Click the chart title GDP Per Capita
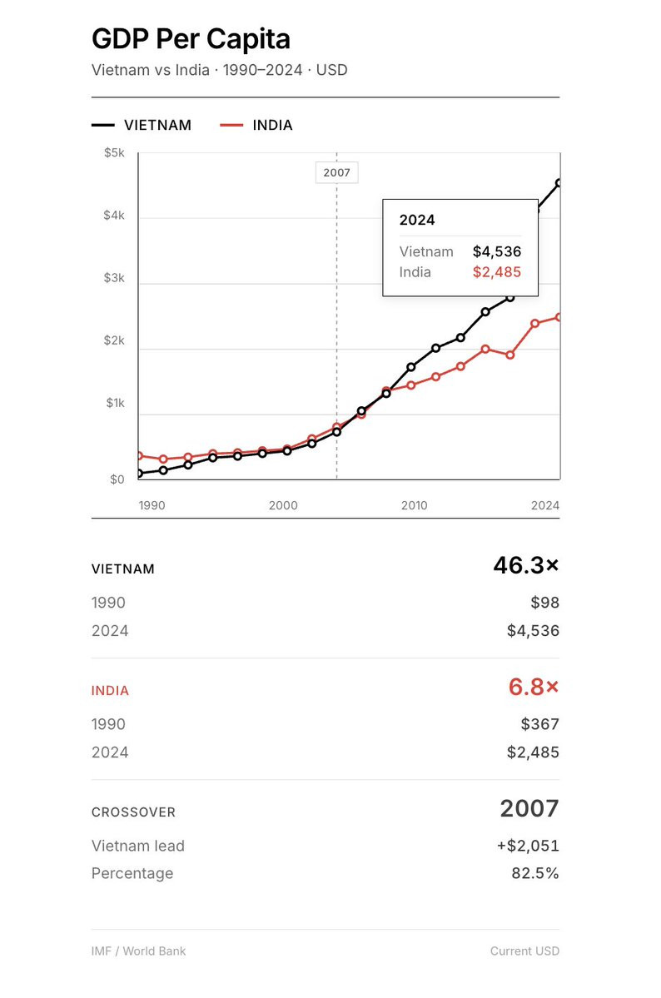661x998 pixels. pyautogui.click(x=191, y=39)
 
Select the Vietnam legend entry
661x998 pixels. pyautogui.click(x=157, y=125)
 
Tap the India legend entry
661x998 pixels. pyautogui.click(x=272, y=125)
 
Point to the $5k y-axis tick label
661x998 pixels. pyautogui.click(x=114, y=153)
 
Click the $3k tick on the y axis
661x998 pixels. pyautogui.click(x=114, y=277)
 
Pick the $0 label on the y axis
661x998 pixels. pyautogui.click(x=117, y=479)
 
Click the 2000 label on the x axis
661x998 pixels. pyautogui.click(x=283, y=505)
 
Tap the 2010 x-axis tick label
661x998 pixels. pyautogui.click(x=414, y=505)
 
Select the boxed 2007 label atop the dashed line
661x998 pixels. pyautogui.click(x=337, y=173)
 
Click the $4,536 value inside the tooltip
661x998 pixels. pyautogui.click(x=497, y=251)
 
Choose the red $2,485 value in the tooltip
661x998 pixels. pyautogui.click(x=497, y=272)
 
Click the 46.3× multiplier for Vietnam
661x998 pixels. pyautogui.click(x=526, y=566)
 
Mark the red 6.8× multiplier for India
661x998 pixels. pyautogui.click(x=534, y=688)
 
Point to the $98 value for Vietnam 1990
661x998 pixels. pyautogui.click(x=544, y=603)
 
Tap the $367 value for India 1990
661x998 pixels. pyautogui.click(x=540, y=724)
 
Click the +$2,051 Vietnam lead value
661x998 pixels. pyautogui.click(x=528, y=846)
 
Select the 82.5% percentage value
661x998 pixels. pyautogui.click(x=535, y=873)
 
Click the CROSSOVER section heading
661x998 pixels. pyautogui.click(x=133, y=812)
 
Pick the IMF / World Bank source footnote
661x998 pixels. pyautogui.click(x=138, y=951)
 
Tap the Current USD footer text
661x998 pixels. pyautogui.click(x=524, y=951)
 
